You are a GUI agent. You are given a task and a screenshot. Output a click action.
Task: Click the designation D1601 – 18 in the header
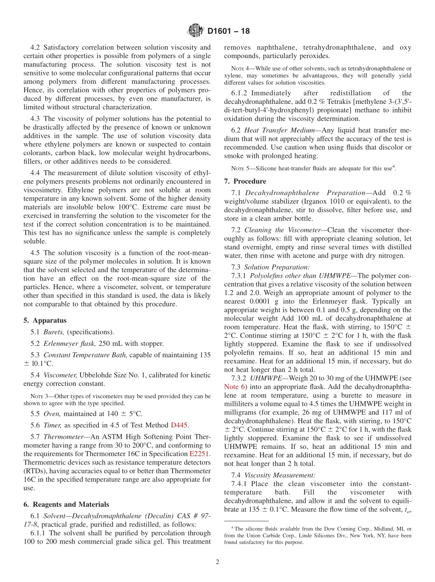click(228, 32)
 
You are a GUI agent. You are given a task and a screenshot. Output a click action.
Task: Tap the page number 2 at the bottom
click(217, 562)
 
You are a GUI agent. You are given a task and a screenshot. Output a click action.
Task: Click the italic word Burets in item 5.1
click(54, 332)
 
